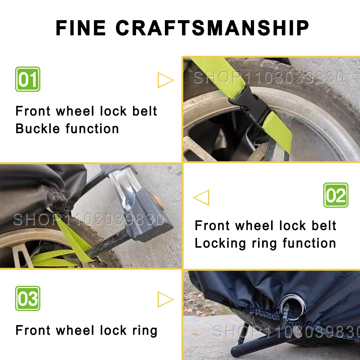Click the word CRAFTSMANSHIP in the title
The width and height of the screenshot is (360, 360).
[212, 28]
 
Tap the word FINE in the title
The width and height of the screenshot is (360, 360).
[81, 28]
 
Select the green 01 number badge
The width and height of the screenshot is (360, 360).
[28, 79]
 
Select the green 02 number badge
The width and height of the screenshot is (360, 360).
[336, 195]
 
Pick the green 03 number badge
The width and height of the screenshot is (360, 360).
[28, 298]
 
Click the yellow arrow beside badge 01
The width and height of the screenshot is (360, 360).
[165, 80]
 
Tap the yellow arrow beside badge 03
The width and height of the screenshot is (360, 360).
[165, 300]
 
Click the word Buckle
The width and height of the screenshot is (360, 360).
[38, 129]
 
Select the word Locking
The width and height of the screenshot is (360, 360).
[220, 244]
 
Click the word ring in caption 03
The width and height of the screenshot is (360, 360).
[145, 331]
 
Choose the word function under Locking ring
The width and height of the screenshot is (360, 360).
[309, 243]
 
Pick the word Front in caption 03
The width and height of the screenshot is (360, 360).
[33, 330]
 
